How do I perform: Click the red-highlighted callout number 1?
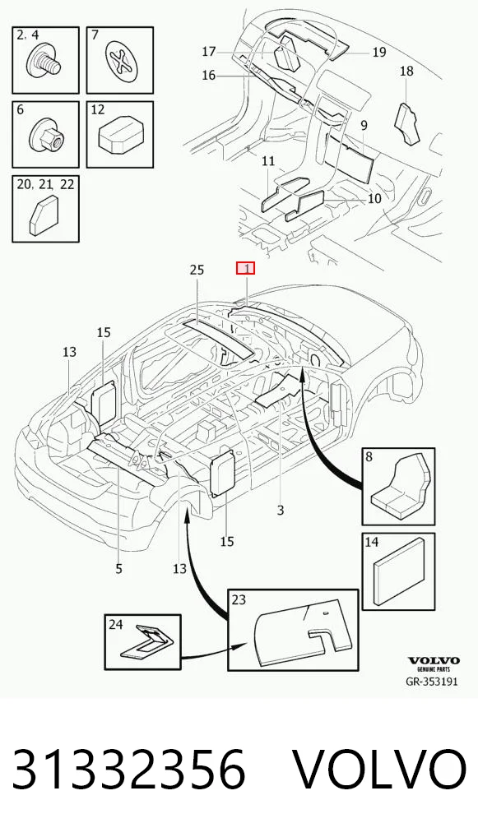click(246, 268)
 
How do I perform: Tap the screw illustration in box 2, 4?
click(44, 62)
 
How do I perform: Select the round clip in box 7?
click(123, 61)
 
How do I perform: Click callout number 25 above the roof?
click(197, 271)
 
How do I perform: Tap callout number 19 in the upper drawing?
click(378, 52)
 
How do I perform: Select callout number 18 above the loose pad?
click(406, 71)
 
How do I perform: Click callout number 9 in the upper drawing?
click(364, 126)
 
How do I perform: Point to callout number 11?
click(268, 160)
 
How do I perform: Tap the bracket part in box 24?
click(145, 641)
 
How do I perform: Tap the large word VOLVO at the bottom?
click(381, 770)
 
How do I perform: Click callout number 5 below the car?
click(118, 569)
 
